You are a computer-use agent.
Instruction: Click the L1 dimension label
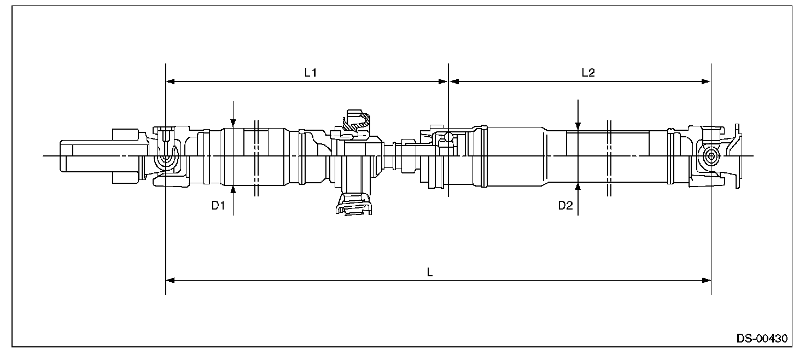(x=311, y=72)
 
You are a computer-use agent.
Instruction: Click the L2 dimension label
(x=588, y=72)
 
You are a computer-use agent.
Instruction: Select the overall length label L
(x=430, y=272)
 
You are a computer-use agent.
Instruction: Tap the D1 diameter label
(x=219, y=205)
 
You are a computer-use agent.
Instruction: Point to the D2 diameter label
(x=565, y=205)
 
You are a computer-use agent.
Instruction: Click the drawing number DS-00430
(x=762, y=338)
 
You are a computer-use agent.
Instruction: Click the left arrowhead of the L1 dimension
(x=170, y=82)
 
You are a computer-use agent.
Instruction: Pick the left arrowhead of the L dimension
(x=170, y=280)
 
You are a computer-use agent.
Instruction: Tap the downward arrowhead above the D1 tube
(x=233, y=125)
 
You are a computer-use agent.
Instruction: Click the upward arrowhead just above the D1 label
(x=233, y=189)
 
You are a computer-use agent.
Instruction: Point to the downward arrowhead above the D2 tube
(x=578, y=127)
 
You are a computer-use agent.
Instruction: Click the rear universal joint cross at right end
(x=710, y=156)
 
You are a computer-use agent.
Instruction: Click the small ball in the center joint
(x=447, y=137)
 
